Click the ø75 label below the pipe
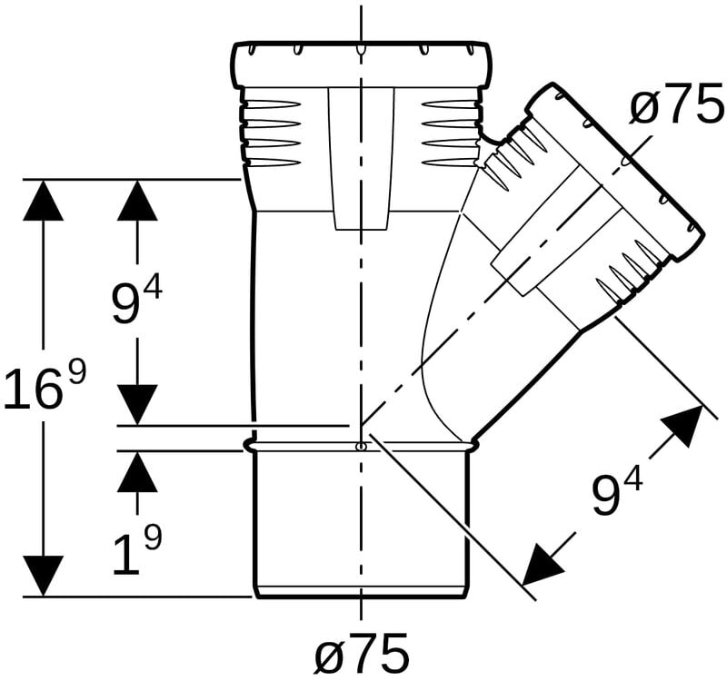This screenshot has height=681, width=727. click(362, 653)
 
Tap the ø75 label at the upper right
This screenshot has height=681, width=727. click(676, 105)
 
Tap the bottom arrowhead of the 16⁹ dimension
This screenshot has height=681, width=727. click(43, 576)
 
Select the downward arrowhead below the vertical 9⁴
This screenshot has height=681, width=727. click(137, 404)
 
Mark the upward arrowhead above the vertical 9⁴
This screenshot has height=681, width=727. click(137, 200)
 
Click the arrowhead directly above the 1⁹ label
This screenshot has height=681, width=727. click(137, 471)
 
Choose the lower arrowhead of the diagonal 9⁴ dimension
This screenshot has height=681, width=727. click(541, 564)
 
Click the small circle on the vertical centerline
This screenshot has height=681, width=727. click(361, 446)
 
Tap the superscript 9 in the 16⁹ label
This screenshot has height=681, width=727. click(77, 364)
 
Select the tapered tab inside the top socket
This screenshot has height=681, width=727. click(361, 158)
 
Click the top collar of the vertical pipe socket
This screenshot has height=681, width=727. click(360, 64)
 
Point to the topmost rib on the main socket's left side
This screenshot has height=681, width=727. click(269, 104)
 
